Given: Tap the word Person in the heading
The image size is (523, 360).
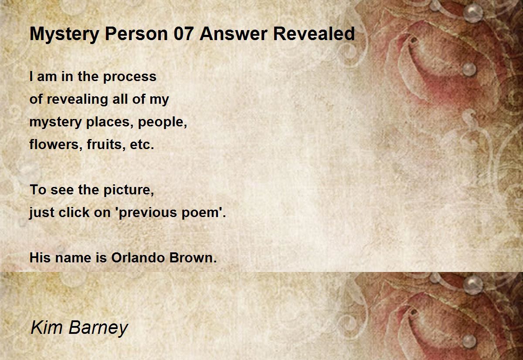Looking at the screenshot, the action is point(136,34).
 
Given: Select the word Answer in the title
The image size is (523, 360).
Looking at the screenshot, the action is point(233,34).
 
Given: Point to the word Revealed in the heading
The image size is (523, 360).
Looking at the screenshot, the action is point(314,34).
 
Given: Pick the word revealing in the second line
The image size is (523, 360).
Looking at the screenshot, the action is point(77,99).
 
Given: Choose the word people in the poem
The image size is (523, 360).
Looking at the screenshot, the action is point(163,122).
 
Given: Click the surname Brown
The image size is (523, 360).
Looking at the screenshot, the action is point(193,258).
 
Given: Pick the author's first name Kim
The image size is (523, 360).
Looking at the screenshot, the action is point(47,327).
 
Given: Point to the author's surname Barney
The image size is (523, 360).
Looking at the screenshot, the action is point(98,329).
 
